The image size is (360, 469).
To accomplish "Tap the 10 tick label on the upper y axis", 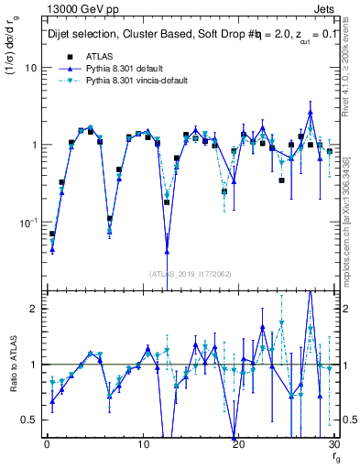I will click(29, 69).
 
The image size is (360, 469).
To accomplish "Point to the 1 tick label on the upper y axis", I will click(33, 146).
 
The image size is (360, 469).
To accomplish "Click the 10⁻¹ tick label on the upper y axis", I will click(27, 222).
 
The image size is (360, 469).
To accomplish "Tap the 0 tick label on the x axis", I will click(47, 445).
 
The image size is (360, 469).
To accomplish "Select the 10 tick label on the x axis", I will click(143, 445).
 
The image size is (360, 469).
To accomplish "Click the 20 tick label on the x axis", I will click(239, 445).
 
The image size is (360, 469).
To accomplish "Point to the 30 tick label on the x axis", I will click(334, 445).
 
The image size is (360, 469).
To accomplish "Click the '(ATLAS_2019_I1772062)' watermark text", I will click(190, 273).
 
